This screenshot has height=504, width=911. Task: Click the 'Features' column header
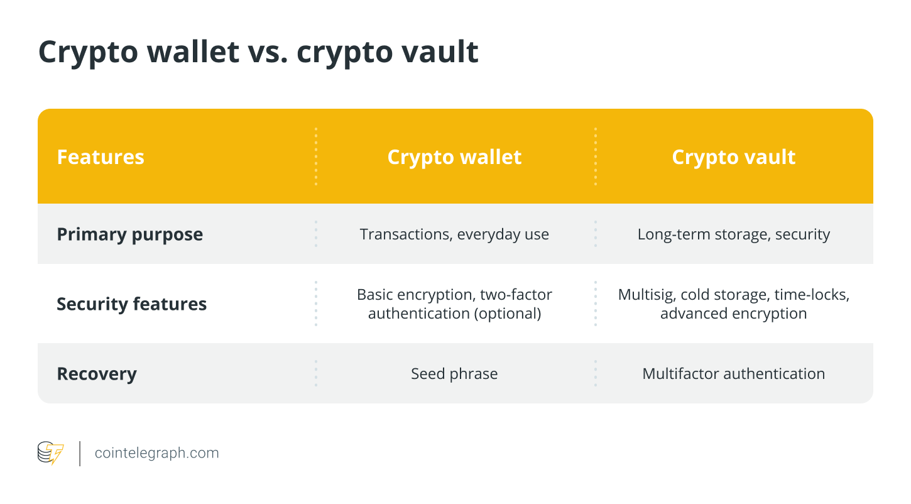(x=101, y=157)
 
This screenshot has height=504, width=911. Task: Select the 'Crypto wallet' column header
(x=454, y=158)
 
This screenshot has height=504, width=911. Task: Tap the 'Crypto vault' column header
(x=734, y=158)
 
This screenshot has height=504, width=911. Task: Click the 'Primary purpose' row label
(x=129, y=234)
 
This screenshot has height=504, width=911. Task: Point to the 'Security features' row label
(x=132, y=304)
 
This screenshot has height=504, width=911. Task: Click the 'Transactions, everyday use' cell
(x=454, y=234)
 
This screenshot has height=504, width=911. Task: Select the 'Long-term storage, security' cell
(x=734, y=234)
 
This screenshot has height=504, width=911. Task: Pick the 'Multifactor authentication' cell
(x=734, y=374)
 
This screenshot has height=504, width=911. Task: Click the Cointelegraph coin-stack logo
(x=50, y=452)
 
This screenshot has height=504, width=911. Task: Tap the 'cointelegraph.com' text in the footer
(x=156, y=453)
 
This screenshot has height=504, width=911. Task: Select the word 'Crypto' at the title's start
(x=88, y=53)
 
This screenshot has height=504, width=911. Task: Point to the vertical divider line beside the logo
(x=80, y=454)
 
